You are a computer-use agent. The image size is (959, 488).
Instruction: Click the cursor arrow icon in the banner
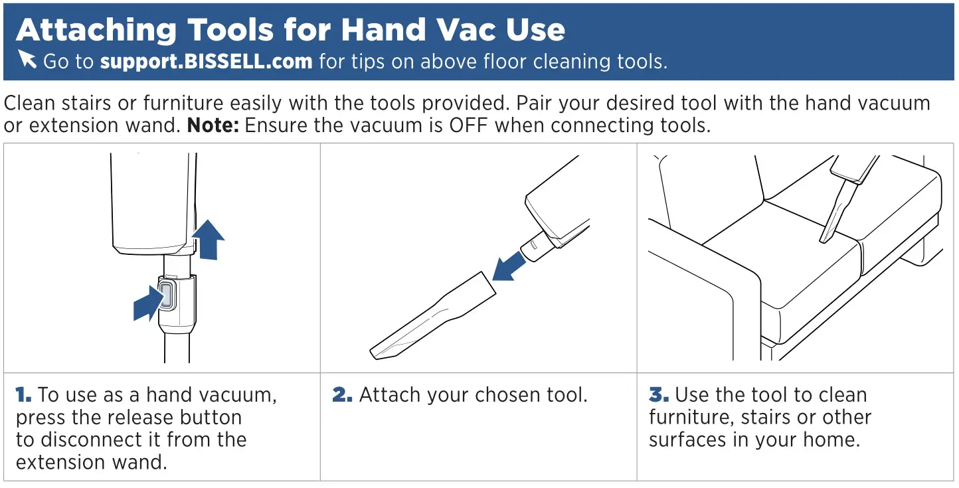click(x=27, y=59)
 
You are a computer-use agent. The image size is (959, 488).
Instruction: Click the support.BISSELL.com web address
click(x=206, y=62)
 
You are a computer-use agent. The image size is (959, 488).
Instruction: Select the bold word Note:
click(x=213, y=125)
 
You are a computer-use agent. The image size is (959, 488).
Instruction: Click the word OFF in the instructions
click(x=470, y=125)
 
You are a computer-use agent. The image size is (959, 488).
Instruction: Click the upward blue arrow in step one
click(x=209, y=240)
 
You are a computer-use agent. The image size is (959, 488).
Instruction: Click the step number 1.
click(x=23, y=395)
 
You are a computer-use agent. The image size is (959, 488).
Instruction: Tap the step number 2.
click(x=341, y=395)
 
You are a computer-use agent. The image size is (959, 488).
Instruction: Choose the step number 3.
click(x=658, y=395)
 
